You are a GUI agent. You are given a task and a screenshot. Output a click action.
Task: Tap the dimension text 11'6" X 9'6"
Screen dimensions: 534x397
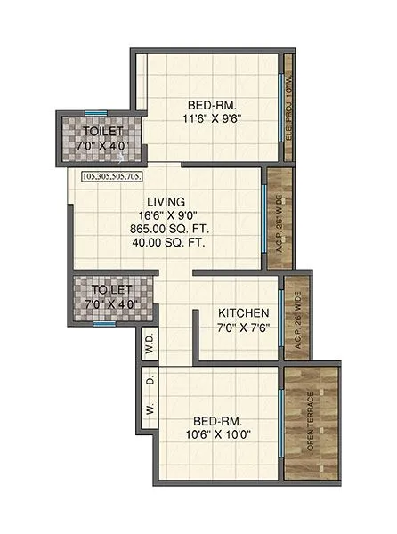point(213,117)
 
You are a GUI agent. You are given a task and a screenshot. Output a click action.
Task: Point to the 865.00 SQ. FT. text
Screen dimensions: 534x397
point(166,228)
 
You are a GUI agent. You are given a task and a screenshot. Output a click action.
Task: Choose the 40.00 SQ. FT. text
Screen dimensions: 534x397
point(166,240)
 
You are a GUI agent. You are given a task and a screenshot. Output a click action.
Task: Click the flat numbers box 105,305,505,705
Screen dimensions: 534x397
point(124,176)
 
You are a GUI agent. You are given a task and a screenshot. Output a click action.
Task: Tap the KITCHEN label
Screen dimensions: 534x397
point(244,313)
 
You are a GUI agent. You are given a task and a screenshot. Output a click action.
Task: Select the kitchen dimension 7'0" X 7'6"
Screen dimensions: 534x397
point(244,328)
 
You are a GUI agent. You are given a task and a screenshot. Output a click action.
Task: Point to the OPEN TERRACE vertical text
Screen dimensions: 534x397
point(311,421)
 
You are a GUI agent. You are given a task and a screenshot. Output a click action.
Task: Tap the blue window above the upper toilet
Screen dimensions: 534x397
point(96,112)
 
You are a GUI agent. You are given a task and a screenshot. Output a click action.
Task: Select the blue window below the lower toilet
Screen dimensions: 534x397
point(105,324)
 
